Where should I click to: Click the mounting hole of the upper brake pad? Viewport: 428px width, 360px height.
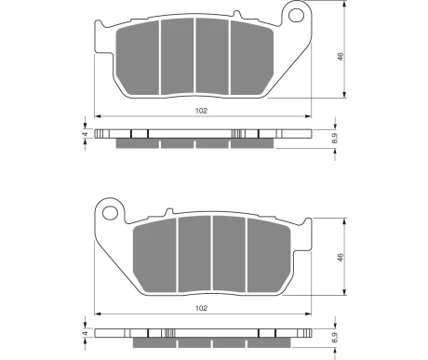point(297,15)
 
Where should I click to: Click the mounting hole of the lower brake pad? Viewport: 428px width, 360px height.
point(110,213)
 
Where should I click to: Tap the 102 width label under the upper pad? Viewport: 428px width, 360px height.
point(201,111)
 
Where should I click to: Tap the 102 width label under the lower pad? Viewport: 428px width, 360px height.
point(201,308)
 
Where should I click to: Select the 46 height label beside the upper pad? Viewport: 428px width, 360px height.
point(341,57)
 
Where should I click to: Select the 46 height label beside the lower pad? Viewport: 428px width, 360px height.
point(341,258)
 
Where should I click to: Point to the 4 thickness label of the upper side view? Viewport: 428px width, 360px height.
point(86,134)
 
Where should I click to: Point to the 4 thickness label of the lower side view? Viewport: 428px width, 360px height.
point(86,334)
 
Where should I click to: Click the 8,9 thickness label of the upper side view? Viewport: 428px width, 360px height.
point(335,138)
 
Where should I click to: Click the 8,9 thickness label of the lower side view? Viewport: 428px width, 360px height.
point(335,338)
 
